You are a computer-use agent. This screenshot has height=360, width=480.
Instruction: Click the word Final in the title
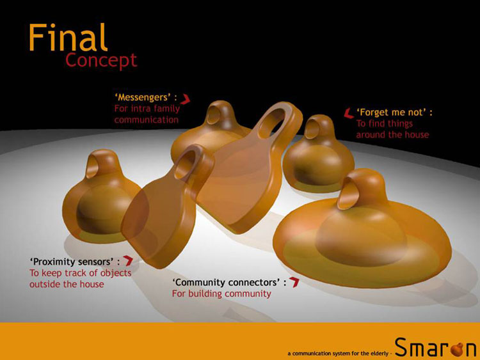(x=68, y=37)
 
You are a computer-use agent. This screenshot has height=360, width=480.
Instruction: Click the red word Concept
(x=101, y=61)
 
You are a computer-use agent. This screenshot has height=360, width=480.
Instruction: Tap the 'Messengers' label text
(x=146, y=97)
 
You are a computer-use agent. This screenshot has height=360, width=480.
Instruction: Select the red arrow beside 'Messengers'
(x=185, y=99)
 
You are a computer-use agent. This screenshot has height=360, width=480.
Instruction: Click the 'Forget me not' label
(x=395, y=113)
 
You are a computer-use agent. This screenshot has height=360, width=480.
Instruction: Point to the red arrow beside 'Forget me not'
(x=349, y=113)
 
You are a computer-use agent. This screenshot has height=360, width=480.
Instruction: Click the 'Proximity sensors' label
(x=75, y=262)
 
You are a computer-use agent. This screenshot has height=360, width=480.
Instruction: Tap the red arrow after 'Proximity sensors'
(x=128, y=261)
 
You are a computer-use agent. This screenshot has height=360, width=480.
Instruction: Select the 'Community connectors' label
(x=230, y=282)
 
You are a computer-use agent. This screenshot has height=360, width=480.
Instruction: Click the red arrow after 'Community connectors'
(x=294, y=282)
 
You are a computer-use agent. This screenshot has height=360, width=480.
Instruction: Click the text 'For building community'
(x=221, y=293)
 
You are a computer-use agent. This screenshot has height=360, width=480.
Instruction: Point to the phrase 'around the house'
(x=392, y=134)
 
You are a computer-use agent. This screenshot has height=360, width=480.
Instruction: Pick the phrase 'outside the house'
(x=67, y=284)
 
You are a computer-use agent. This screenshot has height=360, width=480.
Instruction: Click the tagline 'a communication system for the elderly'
(x=338, y=354)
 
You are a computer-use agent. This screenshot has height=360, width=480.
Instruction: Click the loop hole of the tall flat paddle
(x=272, y=122)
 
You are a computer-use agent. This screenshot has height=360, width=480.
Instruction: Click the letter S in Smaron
(x=403, y=347)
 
